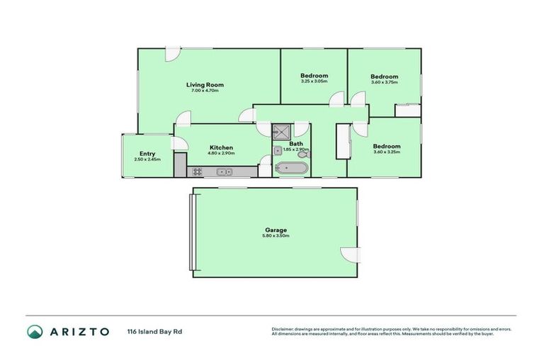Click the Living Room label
pos(205,84)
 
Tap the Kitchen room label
pos(220,147)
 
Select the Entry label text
pos(147,154)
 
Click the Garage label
pos(276,230)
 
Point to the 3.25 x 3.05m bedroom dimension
pos(314,82)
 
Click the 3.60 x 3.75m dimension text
pos(384,82)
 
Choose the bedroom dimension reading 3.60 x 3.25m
pos(387,152)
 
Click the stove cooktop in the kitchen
pos(197,171)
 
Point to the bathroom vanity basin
pos(278,150)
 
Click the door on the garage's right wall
pos(350,254)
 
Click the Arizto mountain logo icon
pos(35,331)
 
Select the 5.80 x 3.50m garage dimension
pos(276,236)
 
